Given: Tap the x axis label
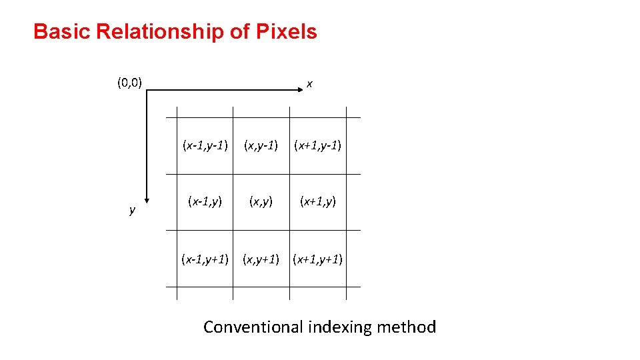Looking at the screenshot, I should click(310, 85).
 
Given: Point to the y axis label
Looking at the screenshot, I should click(132, 210).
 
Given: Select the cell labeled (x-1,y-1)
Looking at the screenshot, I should click(205, 145).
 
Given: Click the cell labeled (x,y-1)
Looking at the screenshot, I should click(261, 145).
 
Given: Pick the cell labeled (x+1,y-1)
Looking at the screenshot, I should click(318, 145).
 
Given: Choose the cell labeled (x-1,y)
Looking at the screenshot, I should click(205, 201).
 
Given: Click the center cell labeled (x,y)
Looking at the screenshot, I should click(261, 201).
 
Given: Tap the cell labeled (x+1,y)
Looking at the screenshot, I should click(318, 201).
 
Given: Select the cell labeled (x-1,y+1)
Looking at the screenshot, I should click(205, 258).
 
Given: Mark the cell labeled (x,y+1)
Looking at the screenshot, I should click(261, 258).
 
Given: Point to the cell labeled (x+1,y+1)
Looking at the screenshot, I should click(318, 258).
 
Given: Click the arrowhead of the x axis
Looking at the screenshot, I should click(292, 90).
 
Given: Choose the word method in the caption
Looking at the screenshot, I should click(406, 327).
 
